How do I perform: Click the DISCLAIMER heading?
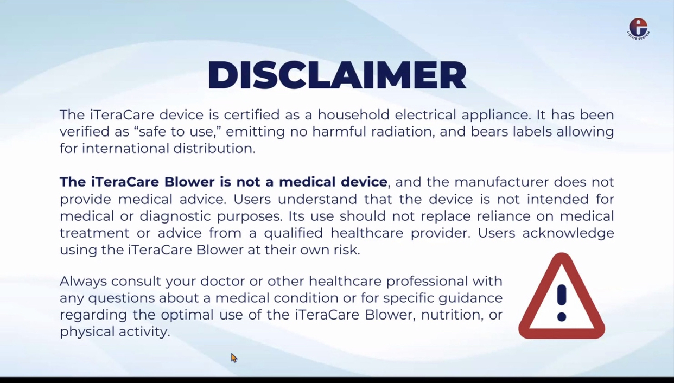click(337, 75)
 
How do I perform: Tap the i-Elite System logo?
click(638, 29)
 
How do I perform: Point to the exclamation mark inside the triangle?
click(562, 303)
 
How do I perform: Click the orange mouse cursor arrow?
click(234, 358)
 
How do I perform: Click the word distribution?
click(214, 148)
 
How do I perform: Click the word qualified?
click(294, 233)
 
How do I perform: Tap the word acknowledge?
click(568, 233)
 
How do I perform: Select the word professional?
click(427, 282)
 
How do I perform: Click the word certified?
click(252, 114)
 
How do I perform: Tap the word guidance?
click(470, 299)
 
